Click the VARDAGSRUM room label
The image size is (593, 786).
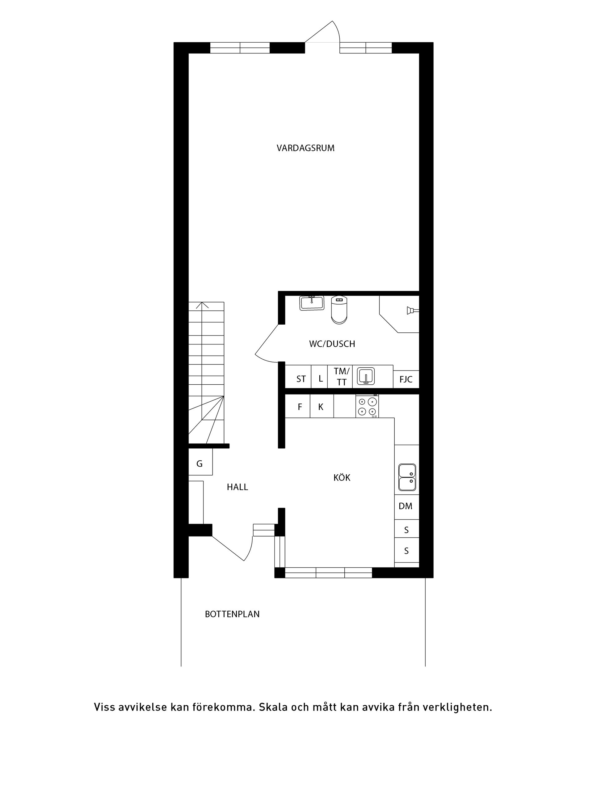tap(305, 148)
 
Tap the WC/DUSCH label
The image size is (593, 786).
tap(332, 344)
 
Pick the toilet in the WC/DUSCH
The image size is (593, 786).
tap(339, 310)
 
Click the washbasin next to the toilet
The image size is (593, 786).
tap(312, 303)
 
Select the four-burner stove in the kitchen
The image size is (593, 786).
tap(367, 407)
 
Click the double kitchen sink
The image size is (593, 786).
tap(407, 477)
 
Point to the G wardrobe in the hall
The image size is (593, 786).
tap(200, 462)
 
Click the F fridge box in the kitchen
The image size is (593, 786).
tap(298, 406)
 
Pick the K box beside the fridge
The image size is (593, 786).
tap(322, 406)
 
